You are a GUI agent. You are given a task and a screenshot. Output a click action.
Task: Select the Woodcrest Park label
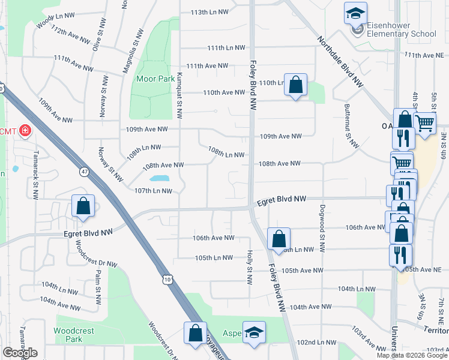click(x=74, y=334)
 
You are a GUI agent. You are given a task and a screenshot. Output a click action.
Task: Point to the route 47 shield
click(x=85, y=172)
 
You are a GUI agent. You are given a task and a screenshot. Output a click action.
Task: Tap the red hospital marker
click(x=25, y=130)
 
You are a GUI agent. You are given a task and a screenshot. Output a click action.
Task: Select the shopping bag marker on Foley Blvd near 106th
click(x=279, y=239)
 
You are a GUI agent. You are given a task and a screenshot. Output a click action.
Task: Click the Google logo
click(x=20, y=353)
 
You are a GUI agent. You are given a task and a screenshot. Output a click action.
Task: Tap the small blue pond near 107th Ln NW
click(x=158, y=178)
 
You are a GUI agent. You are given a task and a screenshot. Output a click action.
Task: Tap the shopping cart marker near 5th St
click(x=425, y=124)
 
